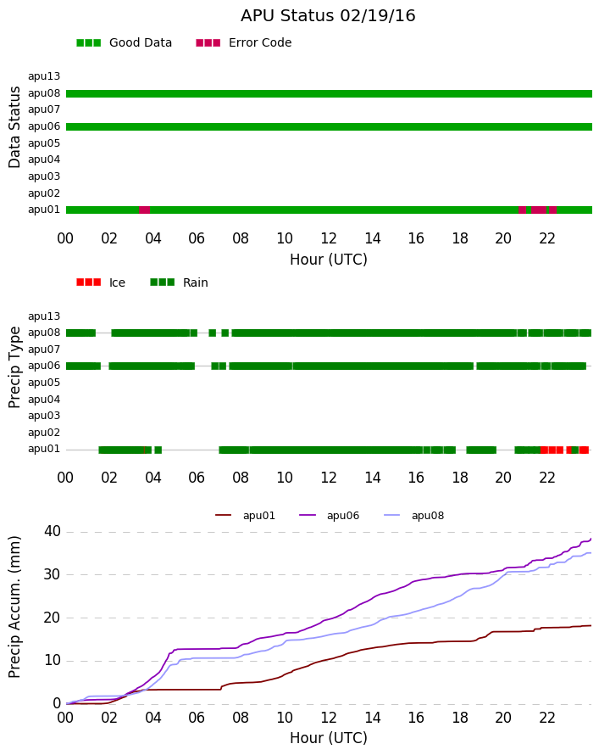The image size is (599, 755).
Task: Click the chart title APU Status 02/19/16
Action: [328, 16]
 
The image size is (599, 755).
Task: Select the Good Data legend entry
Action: [124, 43]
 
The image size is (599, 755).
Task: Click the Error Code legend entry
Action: [244, 43]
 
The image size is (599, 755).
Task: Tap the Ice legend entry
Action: [101, 282]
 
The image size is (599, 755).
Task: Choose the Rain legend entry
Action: [179, 282]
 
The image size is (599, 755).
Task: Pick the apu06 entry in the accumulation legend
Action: [329, 516]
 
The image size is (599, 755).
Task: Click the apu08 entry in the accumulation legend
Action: [414, 516]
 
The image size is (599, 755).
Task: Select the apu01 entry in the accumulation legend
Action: [245, 516]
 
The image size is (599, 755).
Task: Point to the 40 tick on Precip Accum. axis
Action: [52, 532]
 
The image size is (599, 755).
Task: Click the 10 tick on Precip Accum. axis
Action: [52, 661]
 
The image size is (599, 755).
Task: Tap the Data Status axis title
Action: [14, 127]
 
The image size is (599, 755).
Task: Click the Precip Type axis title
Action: [14, 367]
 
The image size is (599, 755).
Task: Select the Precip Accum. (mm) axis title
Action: [14, 607]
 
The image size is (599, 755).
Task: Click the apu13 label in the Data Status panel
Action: [44, 76]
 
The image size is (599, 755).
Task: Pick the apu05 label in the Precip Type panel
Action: [44, 383]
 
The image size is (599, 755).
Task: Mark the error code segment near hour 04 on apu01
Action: [144, 210]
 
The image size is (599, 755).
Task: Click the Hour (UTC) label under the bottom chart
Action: [329, 738]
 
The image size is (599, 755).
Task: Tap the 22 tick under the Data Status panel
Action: [547, 239]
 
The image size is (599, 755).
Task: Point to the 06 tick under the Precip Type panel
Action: [197, 478]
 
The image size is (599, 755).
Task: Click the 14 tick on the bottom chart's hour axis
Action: [373, 718]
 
